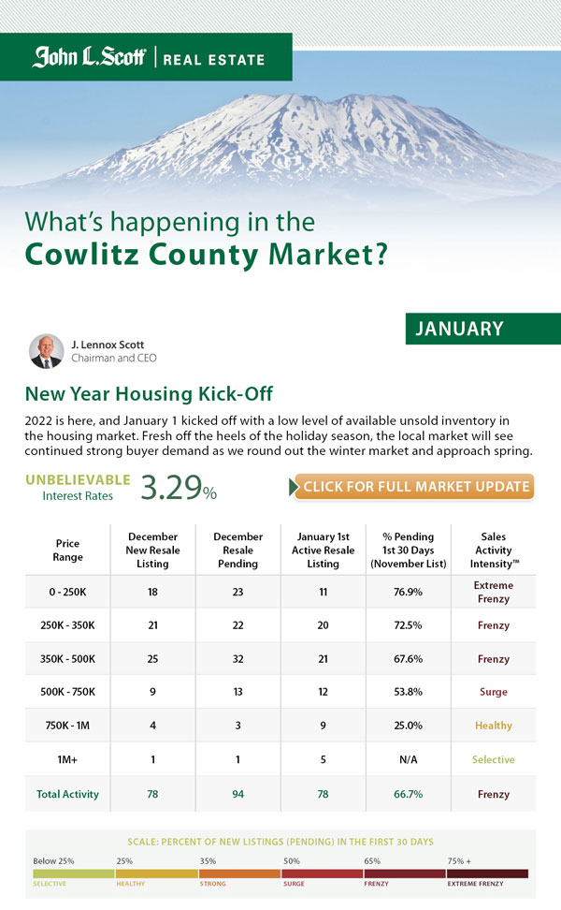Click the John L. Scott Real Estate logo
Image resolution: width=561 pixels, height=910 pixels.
click(x=148, y=58)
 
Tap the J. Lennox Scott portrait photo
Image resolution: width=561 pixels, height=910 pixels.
click(x=46, y=351)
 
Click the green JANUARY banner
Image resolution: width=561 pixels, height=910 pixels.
click(x=482, y=329)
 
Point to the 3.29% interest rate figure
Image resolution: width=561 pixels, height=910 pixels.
click(x=179, y=487)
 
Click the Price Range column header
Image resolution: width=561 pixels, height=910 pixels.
click(x=67, y=550)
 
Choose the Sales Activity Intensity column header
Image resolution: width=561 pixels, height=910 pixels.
click(x=493, y=550)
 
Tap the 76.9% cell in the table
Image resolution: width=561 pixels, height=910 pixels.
click(x=408, y=592)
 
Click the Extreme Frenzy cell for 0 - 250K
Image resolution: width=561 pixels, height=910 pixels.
click(x=493, y=592)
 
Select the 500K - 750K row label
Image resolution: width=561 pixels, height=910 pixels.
click(x=67, y=692)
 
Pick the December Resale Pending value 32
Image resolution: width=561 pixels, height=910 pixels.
click(x=237, y=659)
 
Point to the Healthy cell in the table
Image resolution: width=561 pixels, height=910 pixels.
click(x=493, y=726)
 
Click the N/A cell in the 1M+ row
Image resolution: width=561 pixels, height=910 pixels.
click(x=408, y=759)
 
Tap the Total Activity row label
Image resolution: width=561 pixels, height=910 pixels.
click(x=67, y=794)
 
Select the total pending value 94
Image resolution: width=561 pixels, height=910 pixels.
click(x=237, y=794)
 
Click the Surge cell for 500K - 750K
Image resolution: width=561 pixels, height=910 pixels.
click(x=493, y=692)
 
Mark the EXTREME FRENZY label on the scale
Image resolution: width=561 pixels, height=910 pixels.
click(x=476, y=883)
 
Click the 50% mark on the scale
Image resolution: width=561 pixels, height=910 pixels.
click(x=291, y=859)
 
